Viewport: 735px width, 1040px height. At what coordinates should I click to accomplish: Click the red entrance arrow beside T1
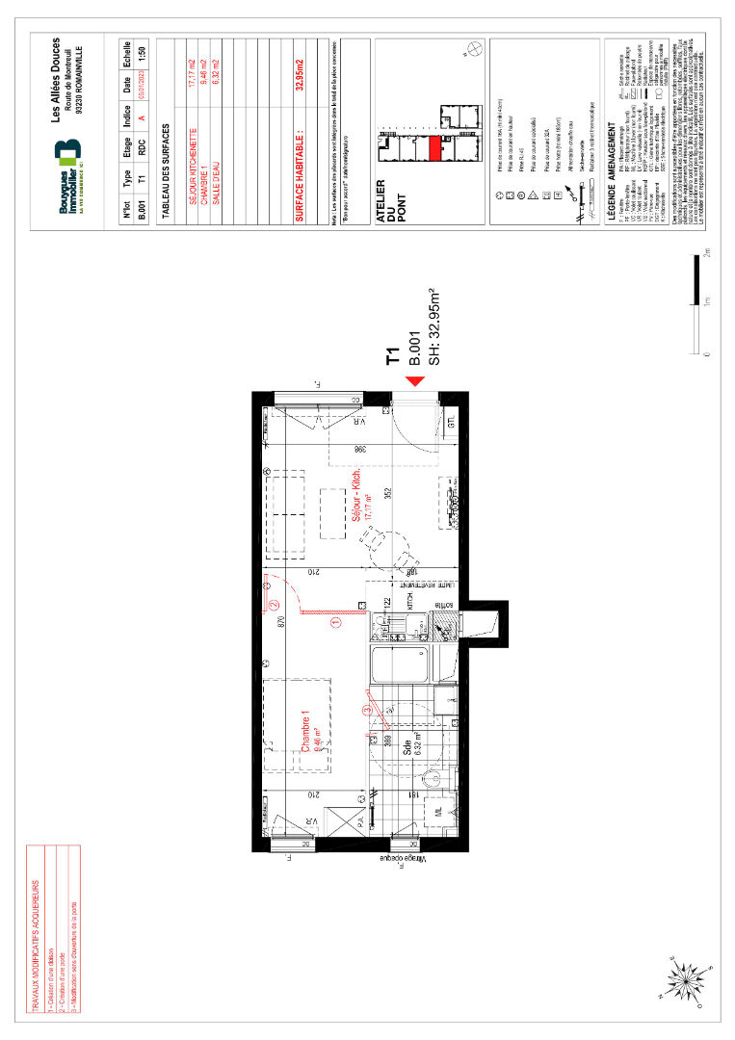(x=415, y=383)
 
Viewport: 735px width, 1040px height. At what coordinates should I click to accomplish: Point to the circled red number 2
(x=274, y=605)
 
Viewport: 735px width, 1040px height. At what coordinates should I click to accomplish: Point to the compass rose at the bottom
(x=685, y=981)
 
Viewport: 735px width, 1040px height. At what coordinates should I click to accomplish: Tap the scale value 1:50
(x=143, y=54)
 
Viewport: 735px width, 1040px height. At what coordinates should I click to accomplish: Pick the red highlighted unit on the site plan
(x=434, y=148)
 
